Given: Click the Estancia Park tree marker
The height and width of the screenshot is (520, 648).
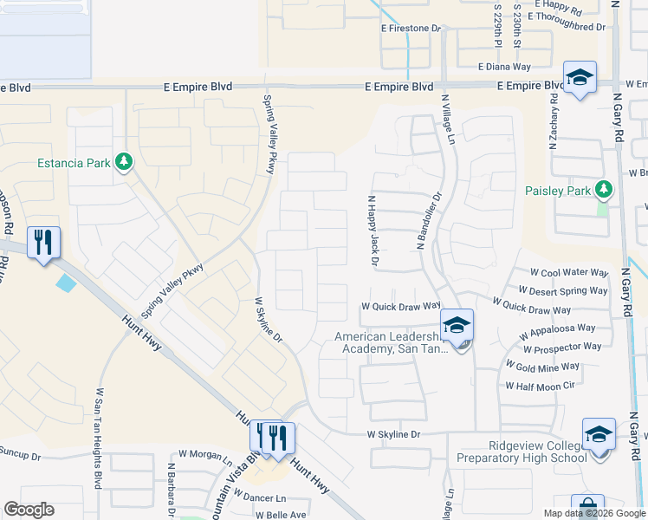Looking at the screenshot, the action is pos(124,161).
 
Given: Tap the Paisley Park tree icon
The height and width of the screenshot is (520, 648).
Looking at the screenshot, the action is pos(604,190).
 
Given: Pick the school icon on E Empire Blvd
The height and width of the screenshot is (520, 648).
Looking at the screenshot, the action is pos(580,77).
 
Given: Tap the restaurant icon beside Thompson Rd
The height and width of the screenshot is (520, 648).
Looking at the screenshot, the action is pos(43,242).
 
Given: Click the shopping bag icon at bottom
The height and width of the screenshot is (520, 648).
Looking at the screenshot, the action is pos(586,508).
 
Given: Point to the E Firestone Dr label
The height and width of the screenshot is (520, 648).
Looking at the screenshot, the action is pos(411,29).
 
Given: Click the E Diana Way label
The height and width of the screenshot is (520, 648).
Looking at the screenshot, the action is pos(504,66).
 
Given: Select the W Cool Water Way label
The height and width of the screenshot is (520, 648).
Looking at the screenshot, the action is pos(562,273).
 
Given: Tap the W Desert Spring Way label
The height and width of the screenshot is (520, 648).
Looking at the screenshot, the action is pos(562,291).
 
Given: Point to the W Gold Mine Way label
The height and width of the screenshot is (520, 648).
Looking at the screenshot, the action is pos(542,367).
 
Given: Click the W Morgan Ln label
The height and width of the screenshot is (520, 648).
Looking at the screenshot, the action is pos(205,454).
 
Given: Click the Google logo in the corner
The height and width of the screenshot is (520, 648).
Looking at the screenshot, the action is pos(29,510).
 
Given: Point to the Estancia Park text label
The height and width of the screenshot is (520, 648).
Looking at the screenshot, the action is pos(74,162).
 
